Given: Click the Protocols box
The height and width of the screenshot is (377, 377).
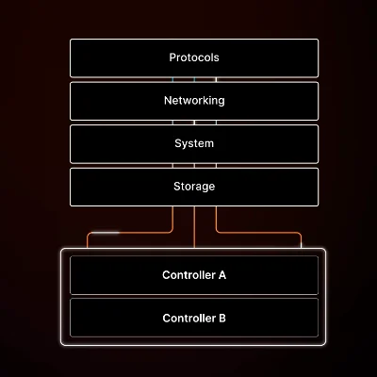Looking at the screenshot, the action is click(194, 58).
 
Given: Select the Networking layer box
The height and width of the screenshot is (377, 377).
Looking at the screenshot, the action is click(194, 101).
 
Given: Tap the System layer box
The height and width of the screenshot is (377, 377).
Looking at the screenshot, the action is click(194, 144).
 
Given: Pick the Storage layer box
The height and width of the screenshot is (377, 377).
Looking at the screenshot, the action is click(194, 188).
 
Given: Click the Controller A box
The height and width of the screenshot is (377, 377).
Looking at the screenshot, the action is click(194, 275).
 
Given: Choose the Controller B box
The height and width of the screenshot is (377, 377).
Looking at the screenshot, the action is click(194, 318).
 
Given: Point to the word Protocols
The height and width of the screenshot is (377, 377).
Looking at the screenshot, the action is click(194, 57).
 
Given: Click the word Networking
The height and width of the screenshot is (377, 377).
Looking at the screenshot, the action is click(194, 101).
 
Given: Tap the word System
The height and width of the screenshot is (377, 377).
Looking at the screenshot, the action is click(194, 143).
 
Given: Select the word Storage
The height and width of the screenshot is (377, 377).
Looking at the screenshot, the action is click(194, 187).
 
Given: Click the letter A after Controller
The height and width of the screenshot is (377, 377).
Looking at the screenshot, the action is click(221, 275).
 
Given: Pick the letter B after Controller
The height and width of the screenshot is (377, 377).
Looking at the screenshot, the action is click(222, 319).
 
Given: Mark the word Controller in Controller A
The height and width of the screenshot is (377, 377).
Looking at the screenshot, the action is click(188, 275).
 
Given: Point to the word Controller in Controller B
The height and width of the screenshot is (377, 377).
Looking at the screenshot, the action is click(188, 319).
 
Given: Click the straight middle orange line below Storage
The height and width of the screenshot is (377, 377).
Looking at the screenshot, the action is click(194, 227).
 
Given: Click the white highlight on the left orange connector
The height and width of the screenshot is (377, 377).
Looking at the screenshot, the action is click(106, 233).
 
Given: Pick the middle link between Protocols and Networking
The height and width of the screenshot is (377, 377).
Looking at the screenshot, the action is click(194, 80).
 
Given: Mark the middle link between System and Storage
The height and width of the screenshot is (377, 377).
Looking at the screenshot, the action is click(194, 166).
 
